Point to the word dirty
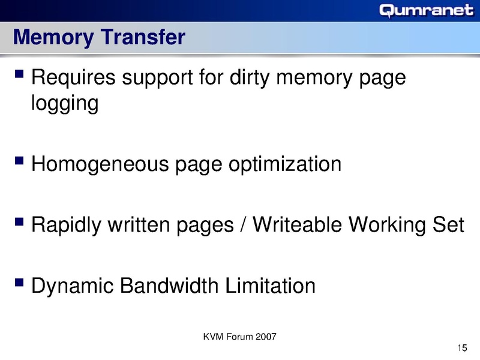click(253, 79)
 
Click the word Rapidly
click(65, 226)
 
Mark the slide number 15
click(461, 348)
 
